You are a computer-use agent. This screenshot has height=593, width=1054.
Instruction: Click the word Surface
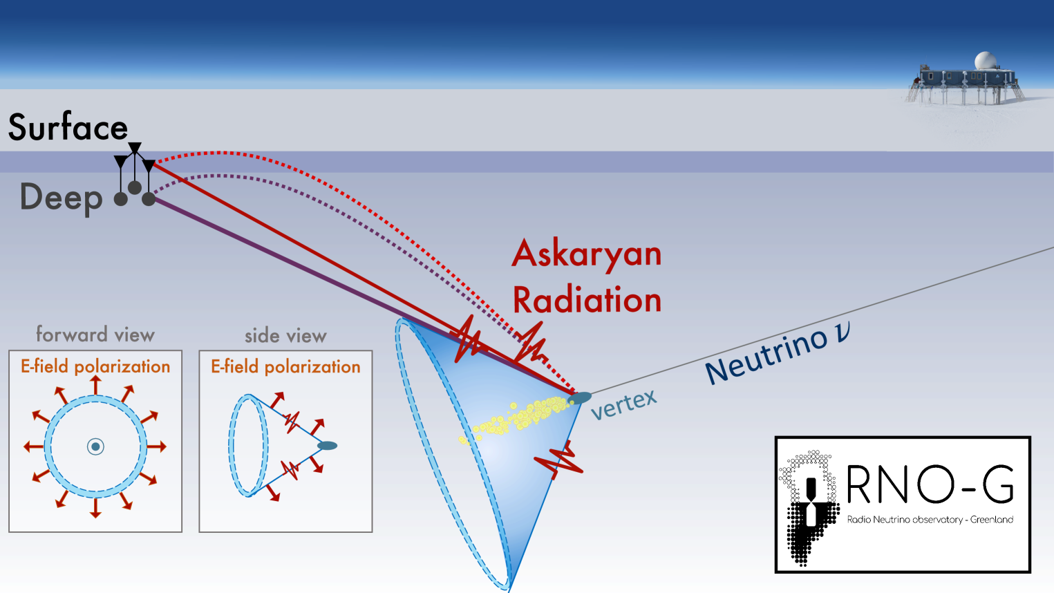point(68,126)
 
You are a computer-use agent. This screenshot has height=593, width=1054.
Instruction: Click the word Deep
point(62,198)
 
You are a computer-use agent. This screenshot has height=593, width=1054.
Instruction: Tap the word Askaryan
point(587,255)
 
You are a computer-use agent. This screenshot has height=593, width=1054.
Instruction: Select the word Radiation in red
point(587,299)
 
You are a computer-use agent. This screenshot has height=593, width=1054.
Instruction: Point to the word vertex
point(623,405)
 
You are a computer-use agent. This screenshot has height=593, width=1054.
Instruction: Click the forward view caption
point(95,335)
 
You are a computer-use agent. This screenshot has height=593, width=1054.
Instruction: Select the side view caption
point(285,336)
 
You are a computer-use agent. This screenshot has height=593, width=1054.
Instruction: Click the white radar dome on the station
point(985,61)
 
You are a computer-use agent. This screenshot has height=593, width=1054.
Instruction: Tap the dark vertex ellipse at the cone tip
point(580,397)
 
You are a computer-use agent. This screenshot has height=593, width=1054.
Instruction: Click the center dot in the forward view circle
point(95,446)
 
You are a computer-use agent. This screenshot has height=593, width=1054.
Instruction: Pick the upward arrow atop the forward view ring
point(95,385)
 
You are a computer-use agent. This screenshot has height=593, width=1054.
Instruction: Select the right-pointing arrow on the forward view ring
point(157,446)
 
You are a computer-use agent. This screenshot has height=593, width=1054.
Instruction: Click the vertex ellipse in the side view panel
point(328,445)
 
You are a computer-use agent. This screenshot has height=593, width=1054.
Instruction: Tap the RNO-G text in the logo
point(930,484)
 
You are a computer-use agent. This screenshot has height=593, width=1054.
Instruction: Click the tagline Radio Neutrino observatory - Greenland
point(930,520)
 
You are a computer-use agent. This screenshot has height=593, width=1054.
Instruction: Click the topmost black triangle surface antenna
point(135,148)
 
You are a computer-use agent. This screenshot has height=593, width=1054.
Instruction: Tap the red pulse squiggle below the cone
point(559,460)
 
